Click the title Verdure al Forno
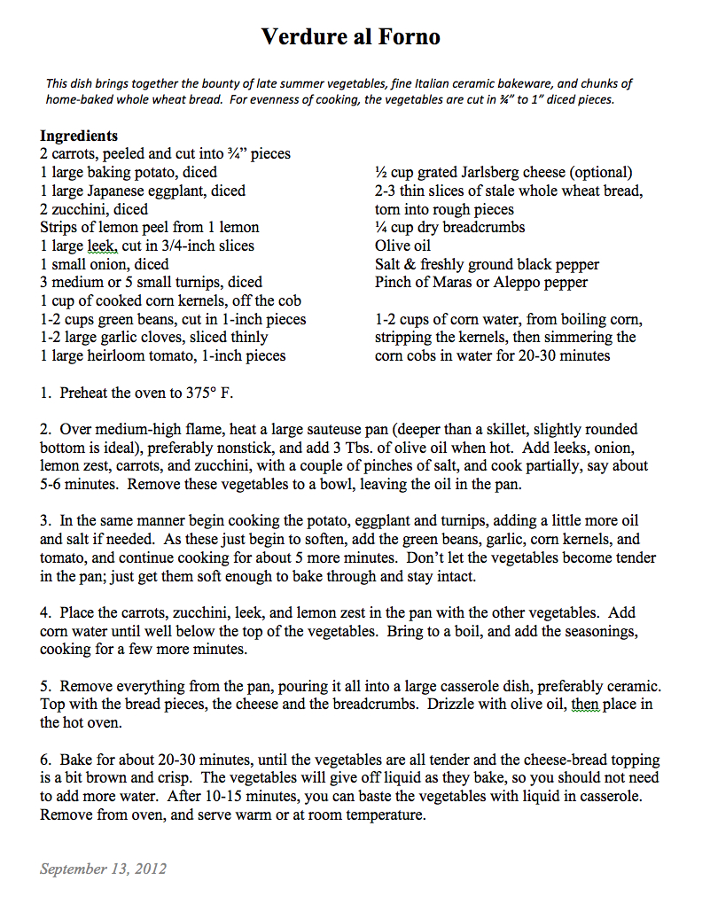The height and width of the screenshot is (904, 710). (x=350, y=37)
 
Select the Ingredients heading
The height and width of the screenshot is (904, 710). (x=79, y=136)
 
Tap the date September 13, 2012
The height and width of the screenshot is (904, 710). (x=103, y=869)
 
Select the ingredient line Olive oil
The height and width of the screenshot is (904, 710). (x=403, y=245)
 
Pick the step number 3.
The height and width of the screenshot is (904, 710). (x=44, y=520)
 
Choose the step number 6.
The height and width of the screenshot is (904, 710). (x=44, y=760)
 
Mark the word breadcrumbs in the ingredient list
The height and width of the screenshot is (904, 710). (x=480, y=228)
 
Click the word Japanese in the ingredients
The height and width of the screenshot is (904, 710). (x=118, y=191)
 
